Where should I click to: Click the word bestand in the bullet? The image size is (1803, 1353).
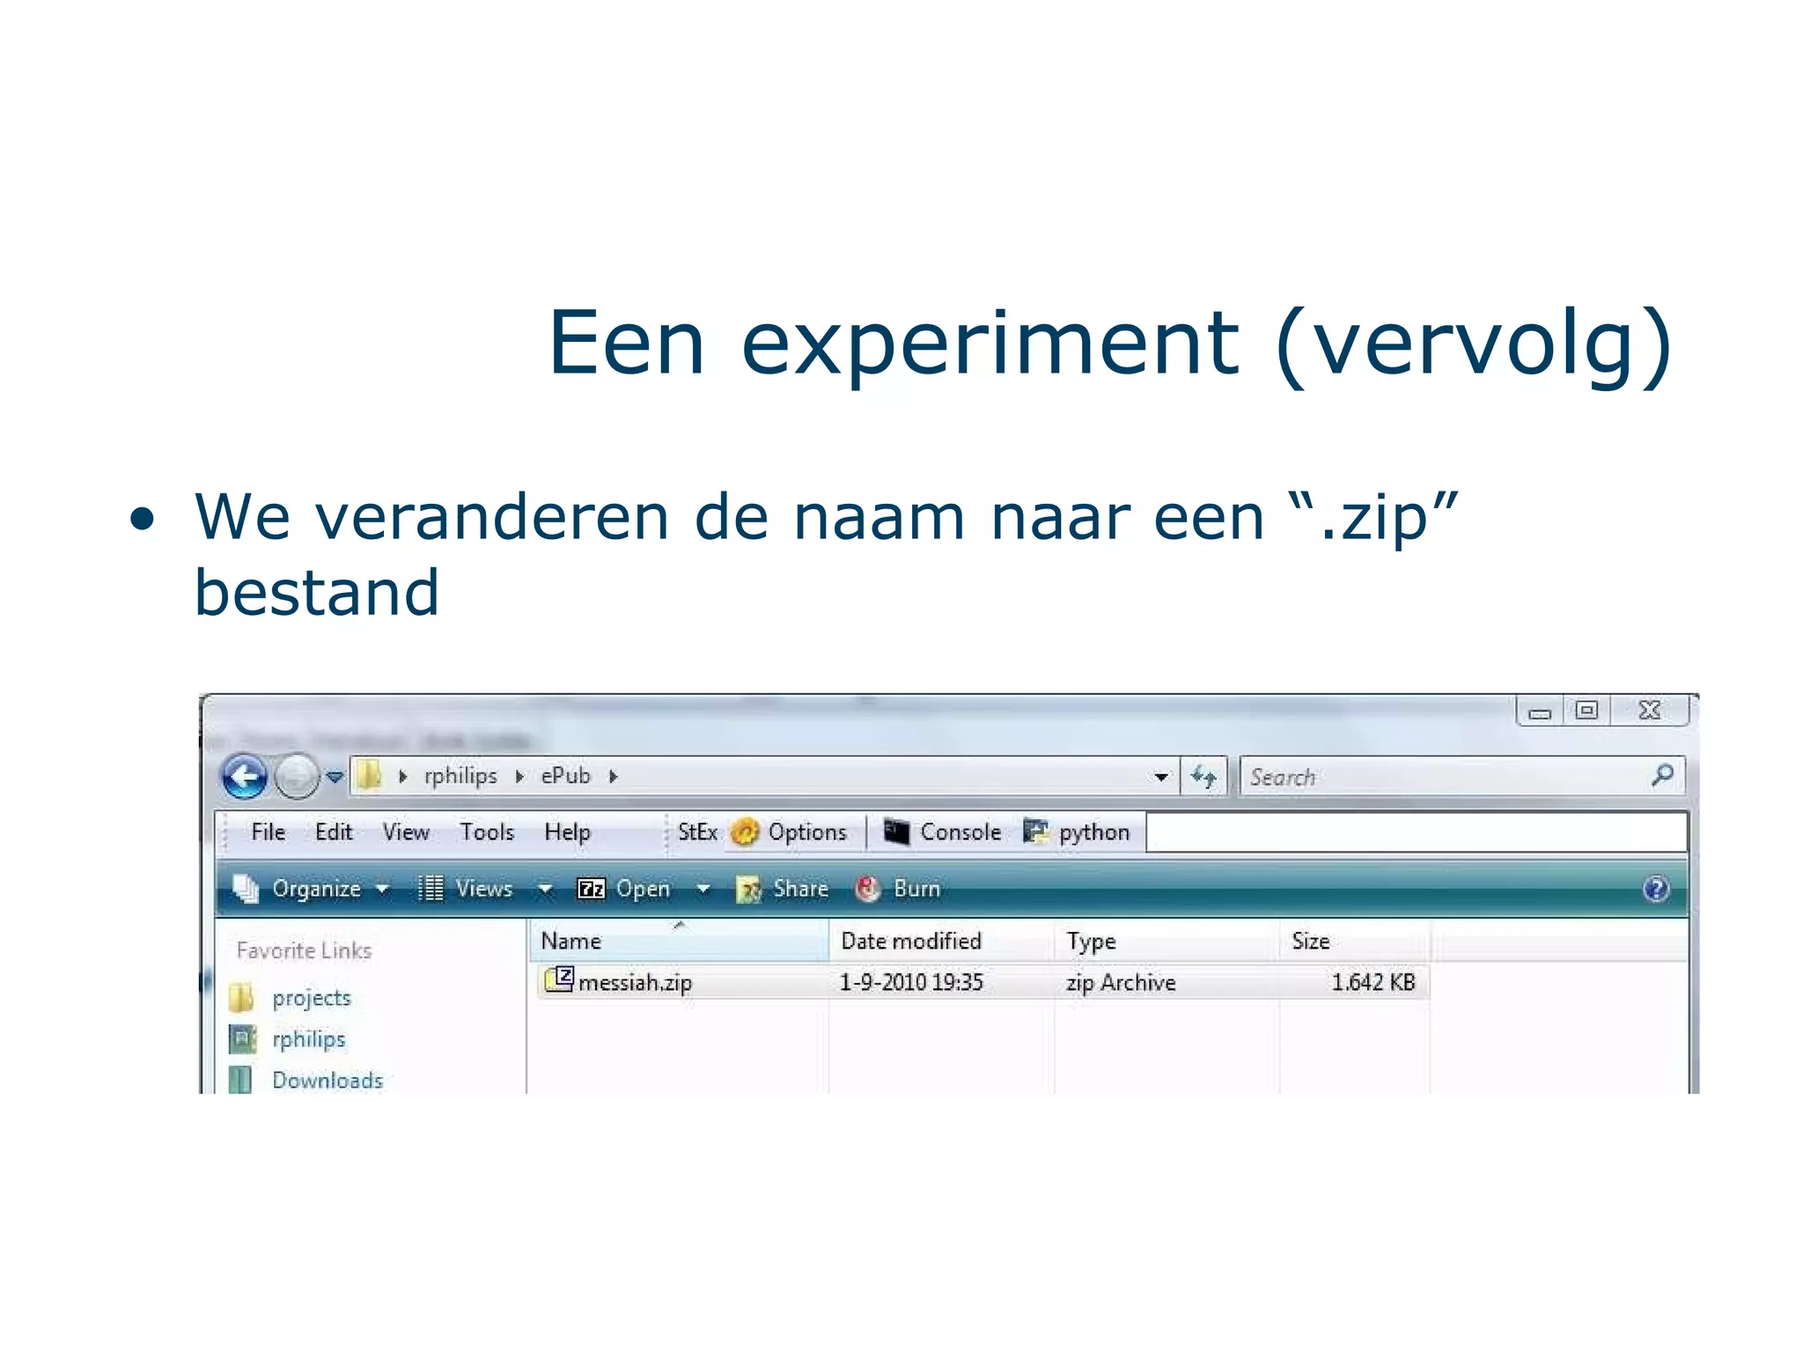(x=317, y=592)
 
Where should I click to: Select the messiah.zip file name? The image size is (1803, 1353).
(x=635, y=982)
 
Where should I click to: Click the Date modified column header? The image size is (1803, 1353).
(x=910, y=941)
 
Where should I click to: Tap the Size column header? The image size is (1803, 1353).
(x=1310, y=941)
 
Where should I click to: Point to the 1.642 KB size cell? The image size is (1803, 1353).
(x=1372, y=982)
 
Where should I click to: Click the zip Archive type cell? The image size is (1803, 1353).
(x=1121, y=982)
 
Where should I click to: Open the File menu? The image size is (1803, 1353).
(x=268, y=832)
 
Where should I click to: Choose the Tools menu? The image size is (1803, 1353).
(x=487, y=832)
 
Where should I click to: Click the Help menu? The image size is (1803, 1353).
(x=567, y=832)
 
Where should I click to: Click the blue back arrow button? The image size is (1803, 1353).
(x=244, y=777)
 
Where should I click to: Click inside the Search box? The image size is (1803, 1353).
(x=1444, y=777)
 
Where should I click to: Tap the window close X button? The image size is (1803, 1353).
(x=1649, y=710)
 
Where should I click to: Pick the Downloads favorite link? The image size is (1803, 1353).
(x=327, y=1080)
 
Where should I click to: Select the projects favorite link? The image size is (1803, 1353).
(x=311, y=998)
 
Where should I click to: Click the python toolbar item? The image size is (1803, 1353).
(x=1093, y=832)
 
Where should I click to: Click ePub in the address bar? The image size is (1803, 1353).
(x=565, y=776)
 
